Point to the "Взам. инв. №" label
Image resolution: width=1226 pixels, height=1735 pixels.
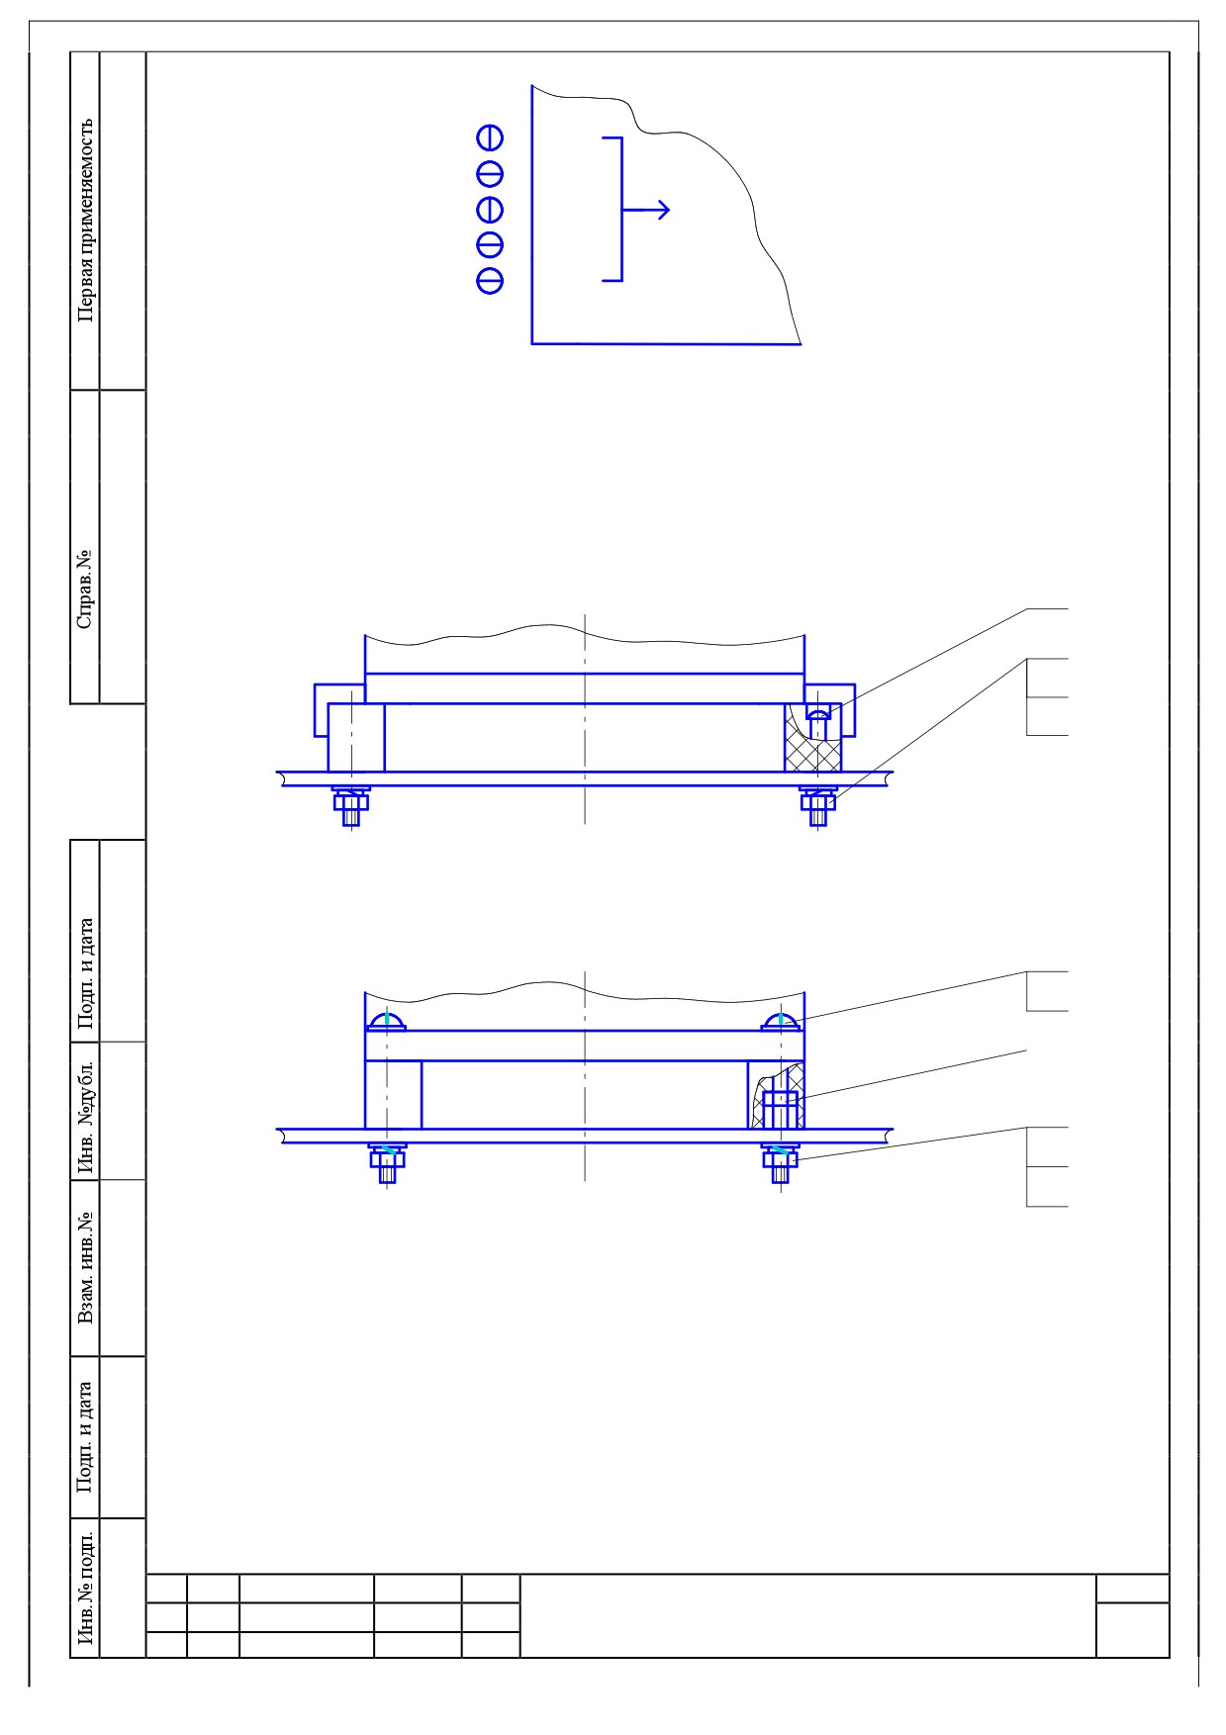coord(86,1267)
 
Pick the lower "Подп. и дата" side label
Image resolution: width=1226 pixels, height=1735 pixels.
coord(86,1437)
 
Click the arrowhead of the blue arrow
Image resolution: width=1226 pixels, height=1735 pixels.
coord(663,210)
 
